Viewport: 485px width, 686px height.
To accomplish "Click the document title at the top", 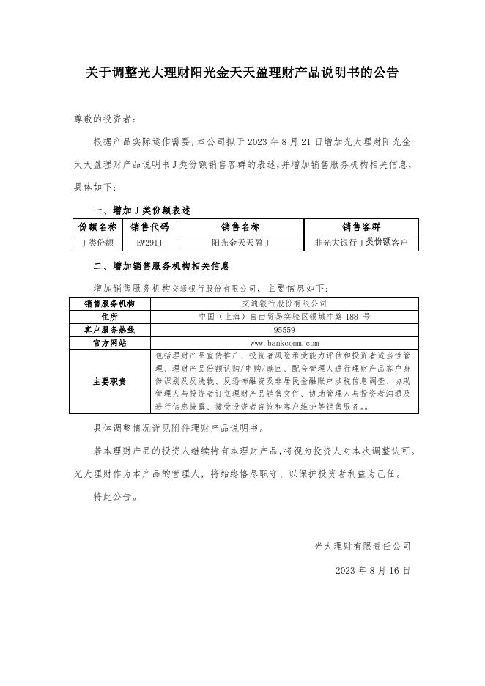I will pyautogui.click(x=242, y=73).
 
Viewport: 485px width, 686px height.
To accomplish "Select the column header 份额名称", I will pyautogui.click(x=97, y=227).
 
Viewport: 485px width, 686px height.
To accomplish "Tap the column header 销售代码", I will pyautogui.click(x=149, y=227).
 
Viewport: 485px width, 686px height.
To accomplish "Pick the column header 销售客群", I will pyautogui.click(x=361, y=227).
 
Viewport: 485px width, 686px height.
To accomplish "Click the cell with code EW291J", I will pyautogui.click(x=149, y=242).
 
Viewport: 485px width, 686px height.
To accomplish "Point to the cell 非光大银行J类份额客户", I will pyautogui.click(x=361, y=242).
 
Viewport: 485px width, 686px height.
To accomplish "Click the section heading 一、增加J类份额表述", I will pyautogui.click(x=132, y=210).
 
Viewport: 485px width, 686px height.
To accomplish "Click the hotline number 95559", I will pyautogui.click(x=284, y=330).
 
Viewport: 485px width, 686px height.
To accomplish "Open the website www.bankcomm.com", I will pyautogui.click(x=284, y=343).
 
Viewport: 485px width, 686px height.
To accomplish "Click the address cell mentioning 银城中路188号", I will pyautogui.click(x=284, y=317).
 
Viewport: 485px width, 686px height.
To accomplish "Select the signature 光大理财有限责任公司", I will pyautogui.click(x=362, y=546).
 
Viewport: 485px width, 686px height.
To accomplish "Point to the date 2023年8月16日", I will pyautogui.click(x=372, y=569).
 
